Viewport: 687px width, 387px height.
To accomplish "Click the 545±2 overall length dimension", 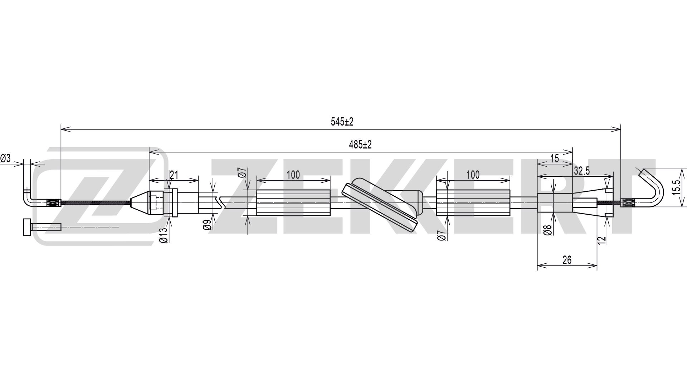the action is (342, 122).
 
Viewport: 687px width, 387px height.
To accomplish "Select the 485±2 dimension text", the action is (360, 145).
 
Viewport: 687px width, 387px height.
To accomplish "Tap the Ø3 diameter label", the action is (5, 158).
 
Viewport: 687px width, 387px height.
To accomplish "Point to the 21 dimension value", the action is (174, 175).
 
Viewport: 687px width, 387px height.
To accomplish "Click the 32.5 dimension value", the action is (582, 171).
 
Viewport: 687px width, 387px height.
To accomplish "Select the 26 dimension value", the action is (567, 260).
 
